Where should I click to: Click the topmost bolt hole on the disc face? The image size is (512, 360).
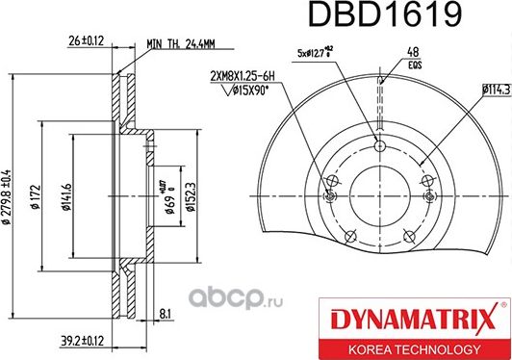[x=379, y=146]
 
